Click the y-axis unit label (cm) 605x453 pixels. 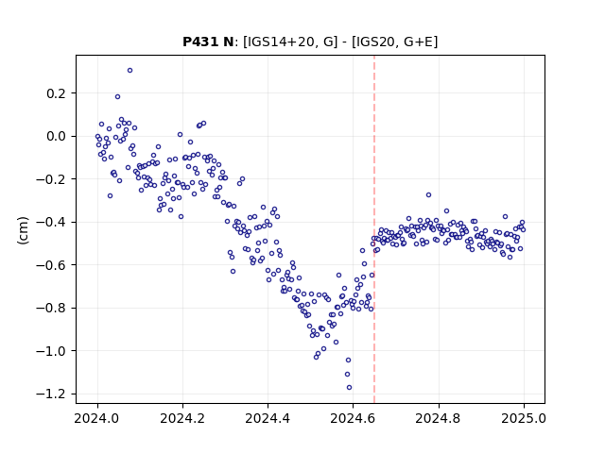(23, 229)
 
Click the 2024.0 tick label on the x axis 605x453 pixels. (97, 418)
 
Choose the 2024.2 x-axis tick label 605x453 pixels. (182, 418)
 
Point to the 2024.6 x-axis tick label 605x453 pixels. (353, 418)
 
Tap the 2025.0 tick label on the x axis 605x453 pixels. (524, 418)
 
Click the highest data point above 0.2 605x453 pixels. (130, 71)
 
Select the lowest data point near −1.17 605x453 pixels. (349, 388)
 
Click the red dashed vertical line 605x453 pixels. (374, 229)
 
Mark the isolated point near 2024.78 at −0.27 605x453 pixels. (428, 195)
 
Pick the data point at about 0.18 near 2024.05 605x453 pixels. (117, 96)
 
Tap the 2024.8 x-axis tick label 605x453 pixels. (439, 418)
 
